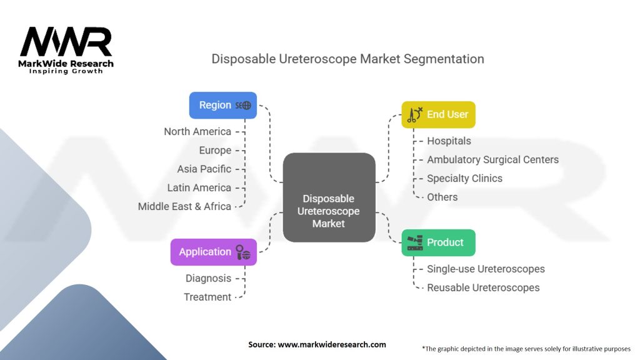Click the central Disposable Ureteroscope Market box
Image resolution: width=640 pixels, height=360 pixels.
point(329,197)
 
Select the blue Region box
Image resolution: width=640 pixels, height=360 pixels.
point(223,105)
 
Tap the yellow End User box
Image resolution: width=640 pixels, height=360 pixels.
point(438,114)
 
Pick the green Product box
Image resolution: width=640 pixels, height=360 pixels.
point(438,242)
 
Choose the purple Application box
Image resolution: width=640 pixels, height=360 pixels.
point(213,252)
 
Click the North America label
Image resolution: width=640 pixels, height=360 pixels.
point(197,132)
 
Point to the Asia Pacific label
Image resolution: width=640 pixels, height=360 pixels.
point(204,169)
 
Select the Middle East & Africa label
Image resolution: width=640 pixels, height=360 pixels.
point(184,206)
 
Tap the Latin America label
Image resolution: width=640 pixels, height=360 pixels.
point(199,187)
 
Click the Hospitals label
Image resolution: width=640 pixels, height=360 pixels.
point(449,141)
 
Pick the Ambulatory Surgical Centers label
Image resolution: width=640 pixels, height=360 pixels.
point(492,159)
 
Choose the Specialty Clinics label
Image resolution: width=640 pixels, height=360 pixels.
point(464,178)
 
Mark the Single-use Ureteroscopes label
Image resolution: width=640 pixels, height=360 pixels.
point(486,269)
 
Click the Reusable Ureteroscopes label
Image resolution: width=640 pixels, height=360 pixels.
point(483,287)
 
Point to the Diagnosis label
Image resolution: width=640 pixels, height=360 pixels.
point(208,278)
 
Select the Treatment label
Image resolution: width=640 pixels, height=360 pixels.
point(207,297)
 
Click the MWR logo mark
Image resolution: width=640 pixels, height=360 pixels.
point(66,42)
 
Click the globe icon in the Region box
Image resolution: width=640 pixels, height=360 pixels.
point(246,106)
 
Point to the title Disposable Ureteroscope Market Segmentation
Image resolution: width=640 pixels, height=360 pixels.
point(347,59)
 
